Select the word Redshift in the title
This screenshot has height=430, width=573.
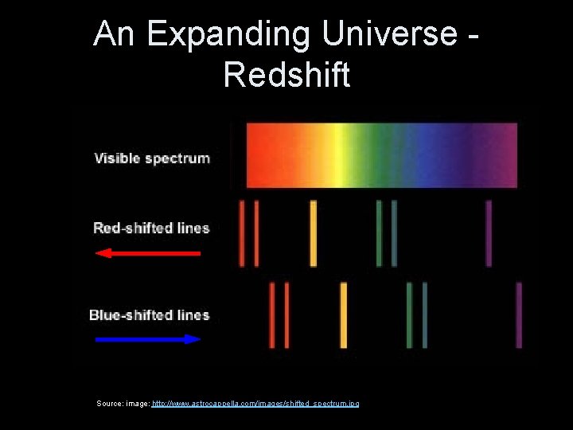pos(286,75)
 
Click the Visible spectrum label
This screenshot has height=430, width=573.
pos(152,158)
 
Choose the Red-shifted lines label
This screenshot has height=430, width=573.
pos(151,228)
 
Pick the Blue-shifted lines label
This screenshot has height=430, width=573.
pos(150,315)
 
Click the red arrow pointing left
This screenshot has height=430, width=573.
pos(148,253)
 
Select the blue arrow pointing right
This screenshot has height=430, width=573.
pos(148,339)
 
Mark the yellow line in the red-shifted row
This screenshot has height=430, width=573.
pos(314,233)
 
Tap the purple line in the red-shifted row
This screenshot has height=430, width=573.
pos(489,233)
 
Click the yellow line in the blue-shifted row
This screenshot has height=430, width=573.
pos(344,315)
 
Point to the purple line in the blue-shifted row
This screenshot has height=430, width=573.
pos(519,315)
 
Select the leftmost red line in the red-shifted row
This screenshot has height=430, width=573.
pos(242,233)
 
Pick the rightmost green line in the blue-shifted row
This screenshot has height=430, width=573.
pos(425,315)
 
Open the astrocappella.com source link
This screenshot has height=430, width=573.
pos(255,404)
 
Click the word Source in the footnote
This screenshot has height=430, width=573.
pos(109,404)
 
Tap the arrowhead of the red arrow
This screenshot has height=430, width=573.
pos(102,253)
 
